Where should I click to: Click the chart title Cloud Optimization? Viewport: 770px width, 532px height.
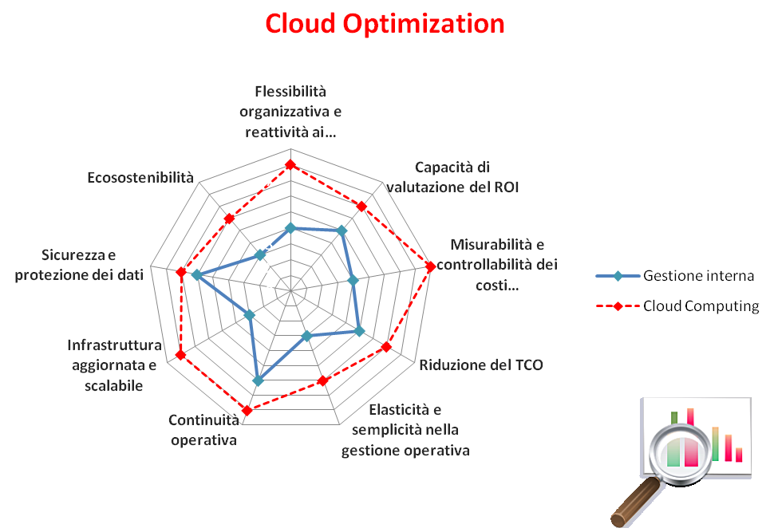click(385, 24)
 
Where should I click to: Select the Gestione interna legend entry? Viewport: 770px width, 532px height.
click(675, 276)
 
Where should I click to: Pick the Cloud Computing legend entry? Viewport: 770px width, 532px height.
click(677, 306)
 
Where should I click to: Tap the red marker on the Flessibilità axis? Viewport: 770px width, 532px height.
click(290, 164)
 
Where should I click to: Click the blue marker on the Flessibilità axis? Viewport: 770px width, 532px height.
click(290, 228)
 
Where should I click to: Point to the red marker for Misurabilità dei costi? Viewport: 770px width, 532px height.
click(430, 267)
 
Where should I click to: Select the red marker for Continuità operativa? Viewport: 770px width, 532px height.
click(247, 410)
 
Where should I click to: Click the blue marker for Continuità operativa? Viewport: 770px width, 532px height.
click(259, 380)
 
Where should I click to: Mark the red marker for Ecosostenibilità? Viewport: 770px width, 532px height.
click(229, 219)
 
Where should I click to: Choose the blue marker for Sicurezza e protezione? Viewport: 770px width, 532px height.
click(196, 275)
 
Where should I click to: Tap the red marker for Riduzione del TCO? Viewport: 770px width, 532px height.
click(386, 347)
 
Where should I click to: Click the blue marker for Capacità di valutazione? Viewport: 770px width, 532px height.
click(342, 231)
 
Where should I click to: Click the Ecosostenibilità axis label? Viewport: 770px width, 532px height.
click(140, 177)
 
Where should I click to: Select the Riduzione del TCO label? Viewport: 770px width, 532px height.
click(481, 365)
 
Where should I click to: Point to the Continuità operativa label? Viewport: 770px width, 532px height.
click(203, 430)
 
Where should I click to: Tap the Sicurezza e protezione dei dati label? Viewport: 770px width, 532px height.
click(79, 265)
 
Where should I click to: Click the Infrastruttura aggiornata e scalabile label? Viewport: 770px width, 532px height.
click(114, 365)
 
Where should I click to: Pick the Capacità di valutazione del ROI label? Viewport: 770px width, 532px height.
click(452, 177)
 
